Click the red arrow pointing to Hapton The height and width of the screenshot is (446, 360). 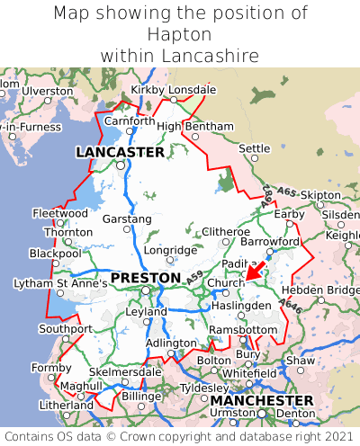coord(255,268)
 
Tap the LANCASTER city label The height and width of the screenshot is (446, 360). coord(120,153)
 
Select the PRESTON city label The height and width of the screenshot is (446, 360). coord(145,279)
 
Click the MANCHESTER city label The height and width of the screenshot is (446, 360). coord(261,400)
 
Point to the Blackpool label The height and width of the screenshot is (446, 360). coord(55,254)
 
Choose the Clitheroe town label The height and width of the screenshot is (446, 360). coord(225,232)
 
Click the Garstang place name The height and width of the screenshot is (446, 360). coord(127,219)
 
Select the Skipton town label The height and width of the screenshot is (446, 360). coord(320,195)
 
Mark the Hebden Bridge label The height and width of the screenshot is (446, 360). coord(320,290)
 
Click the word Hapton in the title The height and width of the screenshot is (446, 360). coord(180,34)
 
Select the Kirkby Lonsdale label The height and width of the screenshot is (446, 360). coord(174,90)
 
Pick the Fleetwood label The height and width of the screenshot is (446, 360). coord(59,213)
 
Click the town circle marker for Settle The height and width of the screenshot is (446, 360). coord(255,158)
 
